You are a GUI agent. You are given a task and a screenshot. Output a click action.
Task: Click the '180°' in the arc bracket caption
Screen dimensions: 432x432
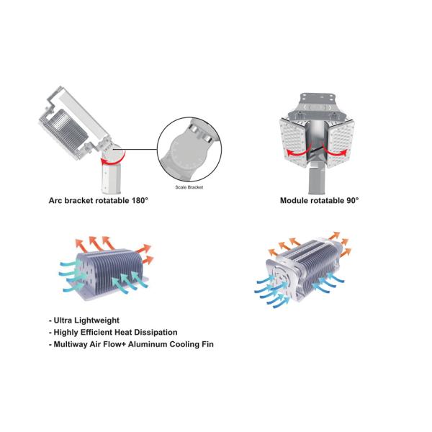140,200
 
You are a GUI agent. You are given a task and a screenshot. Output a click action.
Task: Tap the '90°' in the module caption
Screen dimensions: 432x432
353,200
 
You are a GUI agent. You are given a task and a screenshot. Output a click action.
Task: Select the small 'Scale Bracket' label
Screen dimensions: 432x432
189,187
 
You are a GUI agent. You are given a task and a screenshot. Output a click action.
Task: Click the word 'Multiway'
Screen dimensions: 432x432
71,345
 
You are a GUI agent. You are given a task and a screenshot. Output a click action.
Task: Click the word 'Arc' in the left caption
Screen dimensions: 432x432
55,200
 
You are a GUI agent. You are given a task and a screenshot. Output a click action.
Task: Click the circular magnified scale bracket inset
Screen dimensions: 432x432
189,149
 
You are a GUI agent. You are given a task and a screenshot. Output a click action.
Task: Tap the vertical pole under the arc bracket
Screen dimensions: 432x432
111,178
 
